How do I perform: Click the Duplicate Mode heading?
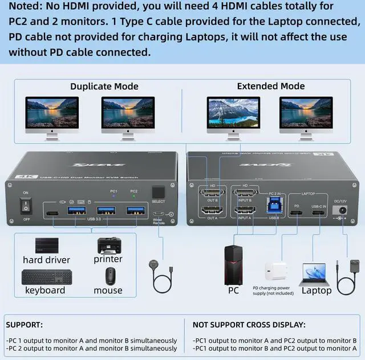104,86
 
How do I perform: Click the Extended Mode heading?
271,86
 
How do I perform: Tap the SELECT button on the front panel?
159,193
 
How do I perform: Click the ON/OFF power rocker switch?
25,204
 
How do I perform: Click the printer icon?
108,245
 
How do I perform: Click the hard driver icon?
47,246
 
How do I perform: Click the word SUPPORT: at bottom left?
24,325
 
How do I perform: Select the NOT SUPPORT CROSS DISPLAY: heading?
249,325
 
